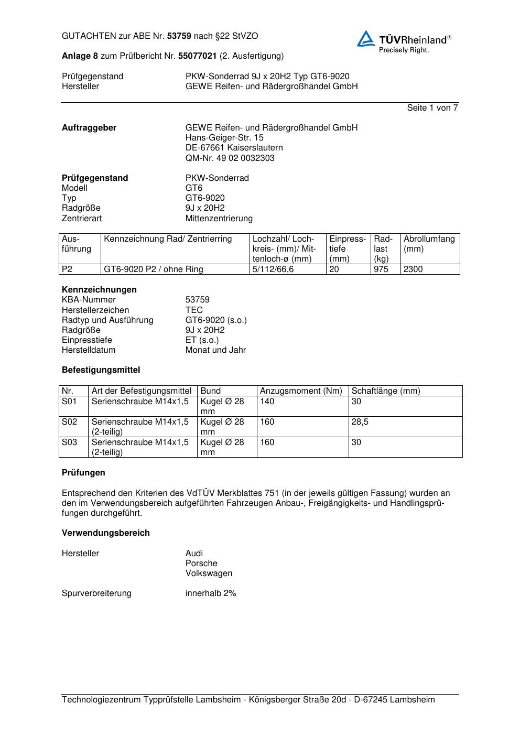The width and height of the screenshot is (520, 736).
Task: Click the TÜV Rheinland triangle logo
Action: coord(366,39)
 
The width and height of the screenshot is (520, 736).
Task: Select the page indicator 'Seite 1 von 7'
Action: coord(432,108)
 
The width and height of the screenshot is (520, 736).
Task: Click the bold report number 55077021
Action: coord(197,56)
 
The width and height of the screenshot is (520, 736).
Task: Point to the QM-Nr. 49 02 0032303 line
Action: coord(230,158)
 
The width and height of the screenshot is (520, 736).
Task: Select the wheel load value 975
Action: coord(381,269)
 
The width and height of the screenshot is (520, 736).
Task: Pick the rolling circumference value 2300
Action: coord(413,269)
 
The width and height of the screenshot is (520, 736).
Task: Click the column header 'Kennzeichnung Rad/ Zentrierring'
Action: coord(168,239)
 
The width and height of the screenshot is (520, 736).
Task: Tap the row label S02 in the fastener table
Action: coord(69,422)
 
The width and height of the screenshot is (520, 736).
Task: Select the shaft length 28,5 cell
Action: coord(360,422)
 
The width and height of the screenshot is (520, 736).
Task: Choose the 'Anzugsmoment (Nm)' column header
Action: coord(301,391)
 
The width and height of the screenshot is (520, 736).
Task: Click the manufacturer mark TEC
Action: coord(194,310)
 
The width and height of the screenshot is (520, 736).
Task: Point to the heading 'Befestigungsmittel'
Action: coord(101,370)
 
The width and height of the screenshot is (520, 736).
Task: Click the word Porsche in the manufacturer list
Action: coord(201,564)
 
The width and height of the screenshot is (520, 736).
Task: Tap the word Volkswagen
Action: coord(209,573)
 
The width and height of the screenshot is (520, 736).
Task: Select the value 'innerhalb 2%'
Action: coord(211,593)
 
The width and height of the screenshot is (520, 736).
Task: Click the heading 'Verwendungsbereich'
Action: coord(105,533)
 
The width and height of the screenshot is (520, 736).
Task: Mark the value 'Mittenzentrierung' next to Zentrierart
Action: coord(219,218)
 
